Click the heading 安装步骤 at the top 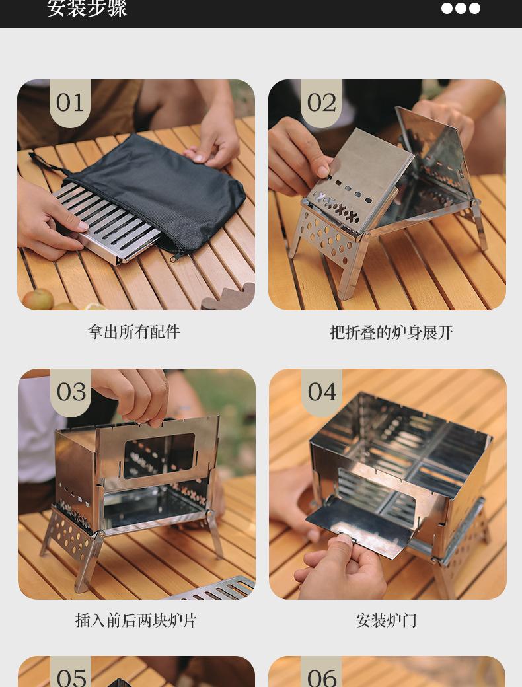tap(87, 9)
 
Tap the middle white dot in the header tap(461, 8)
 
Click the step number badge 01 tap(70, 102)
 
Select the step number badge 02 tap(321, 102)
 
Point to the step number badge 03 tap(71, 392)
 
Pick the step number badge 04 tap(322, 392)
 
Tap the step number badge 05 tap(71, 676)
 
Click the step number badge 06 tap(322, 676)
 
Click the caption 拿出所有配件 tap(133, 332)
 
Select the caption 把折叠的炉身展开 tap(391, 332)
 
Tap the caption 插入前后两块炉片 tap(136, 620)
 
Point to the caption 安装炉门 tap(387, 620)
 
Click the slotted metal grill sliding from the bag tap(106, 221)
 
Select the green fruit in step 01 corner tap(38, 299)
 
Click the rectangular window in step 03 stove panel tap(159, 455)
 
